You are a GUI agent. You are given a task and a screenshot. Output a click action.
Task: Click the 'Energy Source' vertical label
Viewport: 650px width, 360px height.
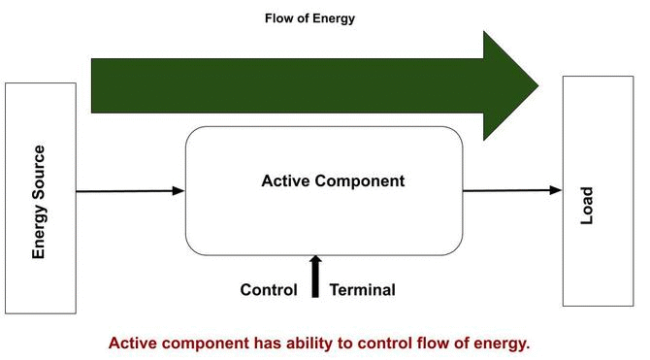click(40, 202)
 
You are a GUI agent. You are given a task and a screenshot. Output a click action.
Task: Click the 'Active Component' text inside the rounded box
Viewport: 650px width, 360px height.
click(333, 180)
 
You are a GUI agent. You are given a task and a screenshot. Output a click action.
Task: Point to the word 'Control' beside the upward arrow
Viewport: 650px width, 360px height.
click(269, 290)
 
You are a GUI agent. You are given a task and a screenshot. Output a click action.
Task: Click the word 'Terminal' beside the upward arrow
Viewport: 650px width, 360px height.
click(363, 290)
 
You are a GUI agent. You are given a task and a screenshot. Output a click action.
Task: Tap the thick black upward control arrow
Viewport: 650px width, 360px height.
click(314, 276)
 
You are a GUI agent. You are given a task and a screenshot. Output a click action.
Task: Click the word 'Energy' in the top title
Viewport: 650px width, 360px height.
click(332, 17)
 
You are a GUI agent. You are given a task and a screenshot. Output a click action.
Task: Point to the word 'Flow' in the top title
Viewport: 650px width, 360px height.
click(279, 17)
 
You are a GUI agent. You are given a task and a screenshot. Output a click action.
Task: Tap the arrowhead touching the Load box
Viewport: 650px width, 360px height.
click(555, 190)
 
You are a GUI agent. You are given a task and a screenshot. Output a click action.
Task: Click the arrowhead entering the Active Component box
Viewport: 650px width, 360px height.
click(178, 191)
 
